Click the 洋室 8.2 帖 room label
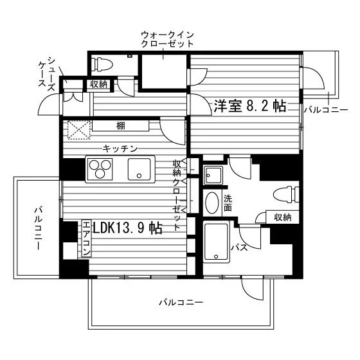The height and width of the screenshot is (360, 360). point(250,106)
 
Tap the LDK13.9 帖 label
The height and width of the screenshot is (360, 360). point(128,228)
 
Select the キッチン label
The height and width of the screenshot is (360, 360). point(120,148)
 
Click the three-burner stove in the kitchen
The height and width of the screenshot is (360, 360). point(100,169)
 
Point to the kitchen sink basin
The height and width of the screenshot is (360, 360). point(139,169)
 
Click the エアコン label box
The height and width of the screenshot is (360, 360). point(86,239)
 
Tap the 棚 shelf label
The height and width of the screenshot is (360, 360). point(121,126)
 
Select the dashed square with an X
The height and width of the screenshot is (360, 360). point(79,130)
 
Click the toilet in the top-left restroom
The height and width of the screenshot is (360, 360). point(102,64)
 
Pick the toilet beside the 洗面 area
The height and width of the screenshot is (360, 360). point(286,195)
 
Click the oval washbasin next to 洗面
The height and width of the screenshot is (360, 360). point(212,203)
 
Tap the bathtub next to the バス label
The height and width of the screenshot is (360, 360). point(216,241)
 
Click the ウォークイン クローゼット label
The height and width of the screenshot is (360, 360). point(167,39)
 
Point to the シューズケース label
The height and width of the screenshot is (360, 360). point(47,74)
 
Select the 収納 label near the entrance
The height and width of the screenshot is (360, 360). point(99,84)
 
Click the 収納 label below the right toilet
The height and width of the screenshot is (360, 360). point(283,217)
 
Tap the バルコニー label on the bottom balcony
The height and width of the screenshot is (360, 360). point(181,302)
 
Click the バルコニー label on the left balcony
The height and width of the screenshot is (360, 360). point(38,228)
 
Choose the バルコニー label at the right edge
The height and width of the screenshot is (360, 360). point(326,110)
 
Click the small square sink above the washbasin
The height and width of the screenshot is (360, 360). point(213,175)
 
